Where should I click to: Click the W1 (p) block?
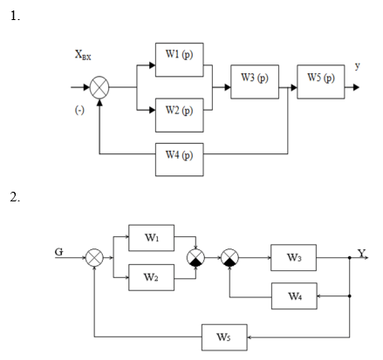[x=180, y=60]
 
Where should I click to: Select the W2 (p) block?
[x=180, y=115]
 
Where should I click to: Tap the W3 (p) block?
[x=255, y=82]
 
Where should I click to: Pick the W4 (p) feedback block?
[x=180, y=160]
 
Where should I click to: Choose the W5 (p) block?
[x=321, y=82]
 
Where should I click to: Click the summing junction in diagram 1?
[x=99, y=87]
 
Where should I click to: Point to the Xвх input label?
[x=83, y=55]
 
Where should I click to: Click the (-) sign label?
[x=79, y=110]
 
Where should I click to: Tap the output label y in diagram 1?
[x=358, y=66]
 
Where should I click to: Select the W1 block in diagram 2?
[x=152, y=238]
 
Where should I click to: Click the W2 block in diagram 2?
[x=152, y=277]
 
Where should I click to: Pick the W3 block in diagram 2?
[x=293, y=258]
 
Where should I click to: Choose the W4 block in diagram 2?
[x=294, y=296]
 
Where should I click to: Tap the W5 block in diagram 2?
[x=224, y=337]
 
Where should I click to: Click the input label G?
[x=58, y=252]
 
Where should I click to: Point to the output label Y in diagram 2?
[x=361, y=254]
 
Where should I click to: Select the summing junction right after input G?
[x=94, y=258]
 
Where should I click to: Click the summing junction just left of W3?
[x=229, y=258]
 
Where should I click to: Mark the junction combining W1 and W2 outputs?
[x=195, y=258]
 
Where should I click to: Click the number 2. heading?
[x=15, y=197]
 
